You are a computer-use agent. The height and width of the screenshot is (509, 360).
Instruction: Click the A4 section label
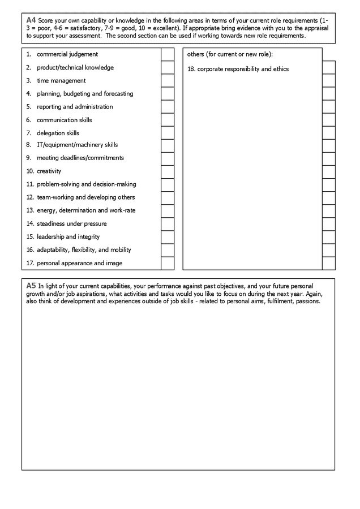pos(31,20)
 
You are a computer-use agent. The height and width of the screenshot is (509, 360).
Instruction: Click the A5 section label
pos(31,286)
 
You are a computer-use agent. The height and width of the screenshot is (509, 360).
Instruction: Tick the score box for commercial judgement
pos(168,54)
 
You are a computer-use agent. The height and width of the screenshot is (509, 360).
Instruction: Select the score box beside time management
pos(168,80)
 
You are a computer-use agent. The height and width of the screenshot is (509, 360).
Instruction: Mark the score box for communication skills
pos(168,120)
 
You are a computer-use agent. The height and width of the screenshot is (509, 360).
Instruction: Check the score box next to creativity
pos(168,171)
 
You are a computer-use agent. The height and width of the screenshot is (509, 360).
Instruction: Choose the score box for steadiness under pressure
pos(168,224)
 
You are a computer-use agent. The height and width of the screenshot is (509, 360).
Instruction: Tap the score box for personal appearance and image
pos(168,263)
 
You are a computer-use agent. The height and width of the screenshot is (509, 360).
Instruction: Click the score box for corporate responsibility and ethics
pos(328,67)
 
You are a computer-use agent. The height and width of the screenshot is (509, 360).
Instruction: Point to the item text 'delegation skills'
pos(58,133)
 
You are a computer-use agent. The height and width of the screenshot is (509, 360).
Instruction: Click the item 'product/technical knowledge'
pos(75,67)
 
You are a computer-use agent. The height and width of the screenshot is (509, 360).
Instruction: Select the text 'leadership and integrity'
pos(68,236)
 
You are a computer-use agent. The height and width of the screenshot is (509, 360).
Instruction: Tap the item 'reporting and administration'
pos(75,106)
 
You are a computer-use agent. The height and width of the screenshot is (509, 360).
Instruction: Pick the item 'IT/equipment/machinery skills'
pos(77,145)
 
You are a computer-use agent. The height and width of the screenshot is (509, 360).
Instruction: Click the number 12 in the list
pos(30,197)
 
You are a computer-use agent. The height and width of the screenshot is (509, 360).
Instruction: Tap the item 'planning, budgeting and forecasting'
pos(85,93)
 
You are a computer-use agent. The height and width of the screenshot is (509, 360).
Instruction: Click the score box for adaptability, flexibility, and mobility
pos(168,250)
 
